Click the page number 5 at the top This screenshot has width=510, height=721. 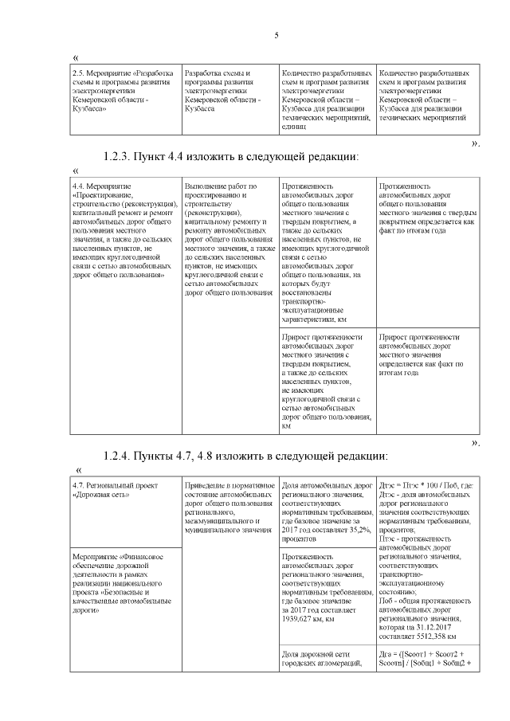tap(276, 35)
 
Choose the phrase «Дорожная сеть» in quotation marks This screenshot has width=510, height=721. tap(101, 494)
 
